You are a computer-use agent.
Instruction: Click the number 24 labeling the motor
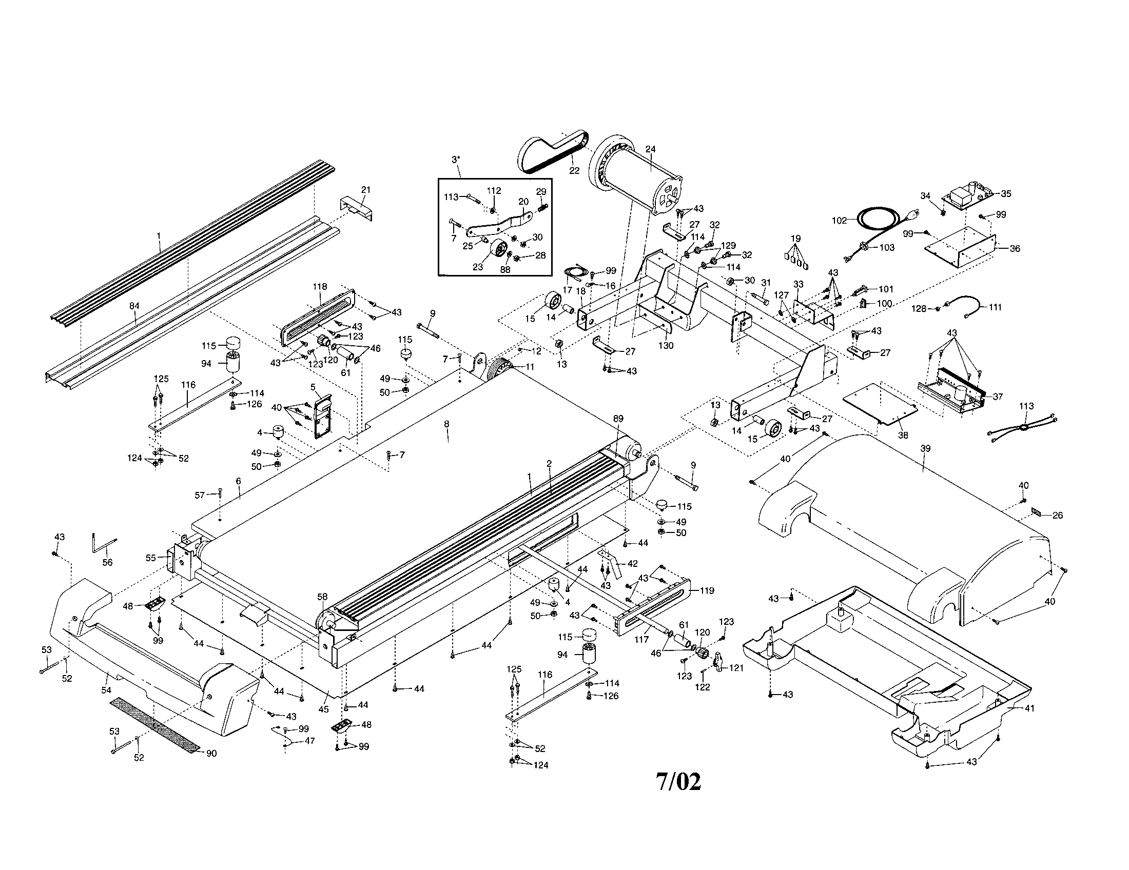[x=650, y=149]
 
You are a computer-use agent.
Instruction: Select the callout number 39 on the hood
[x=925, y=448]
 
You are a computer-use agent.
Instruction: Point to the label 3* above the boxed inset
[x=455, y=160]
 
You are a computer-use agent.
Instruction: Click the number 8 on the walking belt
[x=446, y=424]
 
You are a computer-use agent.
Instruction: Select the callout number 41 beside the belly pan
[x=1029, y=708]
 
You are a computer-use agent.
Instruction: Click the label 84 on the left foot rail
[x=134, y=306]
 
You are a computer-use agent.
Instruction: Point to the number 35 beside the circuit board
[x=1005, y=194]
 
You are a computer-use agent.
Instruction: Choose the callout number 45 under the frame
[x=323, y=709]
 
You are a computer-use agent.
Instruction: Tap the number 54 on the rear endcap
[x=106, y=690]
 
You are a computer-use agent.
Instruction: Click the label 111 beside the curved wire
[x=995, y=307]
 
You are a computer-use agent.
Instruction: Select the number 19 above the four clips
[x=795, y=239]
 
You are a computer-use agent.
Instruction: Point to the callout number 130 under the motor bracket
[x=666, y=345]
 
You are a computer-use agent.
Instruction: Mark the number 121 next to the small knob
[x=735, y=668]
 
